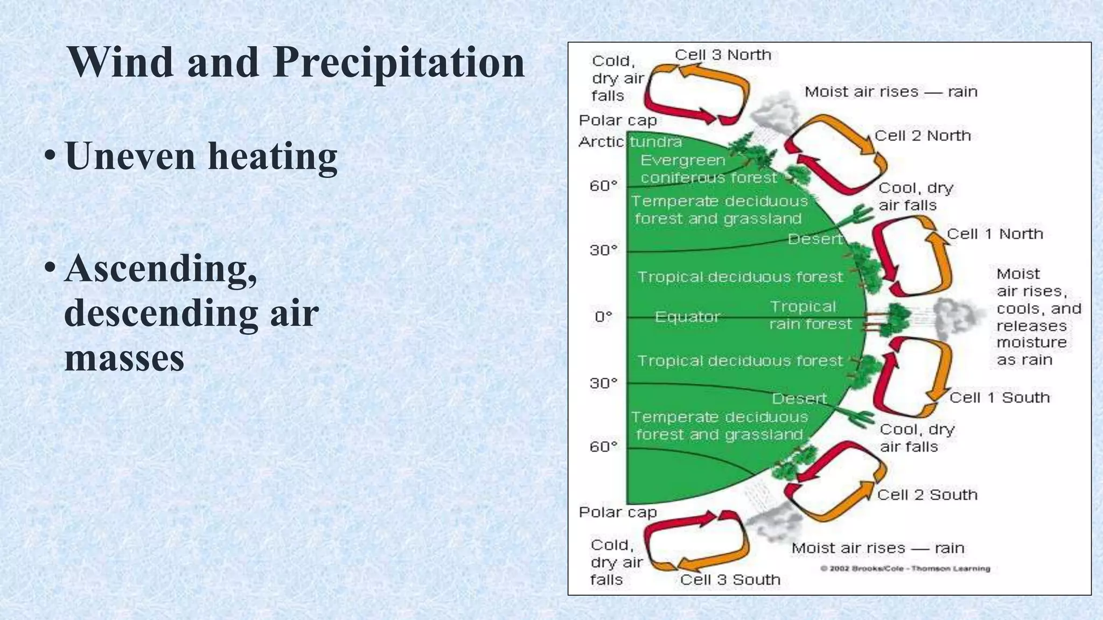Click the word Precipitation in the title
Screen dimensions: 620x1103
(x=399, y=63)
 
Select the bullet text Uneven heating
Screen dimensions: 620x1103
(x=201, y=156)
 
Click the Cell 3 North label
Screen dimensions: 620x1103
(x=723, y=55)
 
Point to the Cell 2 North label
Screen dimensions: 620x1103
(x=922, y=136)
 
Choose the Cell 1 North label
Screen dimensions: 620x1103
(x=994, y=234)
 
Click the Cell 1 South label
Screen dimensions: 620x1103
(x=999, y=398)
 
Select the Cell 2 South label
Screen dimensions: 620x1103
(x=927, y=495)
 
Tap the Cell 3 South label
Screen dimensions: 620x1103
(x=730, y=580)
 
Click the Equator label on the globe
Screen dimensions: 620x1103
(x=687, y=317)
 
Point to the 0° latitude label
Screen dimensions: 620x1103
(x=603, y=317)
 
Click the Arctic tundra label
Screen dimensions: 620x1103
(x=630, y=142)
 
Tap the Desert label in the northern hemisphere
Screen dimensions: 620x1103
(x=814, y=239)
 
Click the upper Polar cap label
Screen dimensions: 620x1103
(x=618, y=121)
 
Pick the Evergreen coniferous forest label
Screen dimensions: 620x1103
(x=708, y=169)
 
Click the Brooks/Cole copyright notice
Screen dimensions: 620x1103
(x=905, y=568)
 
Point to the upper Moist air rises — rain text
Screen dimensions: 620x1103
(x=891, y=92)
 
